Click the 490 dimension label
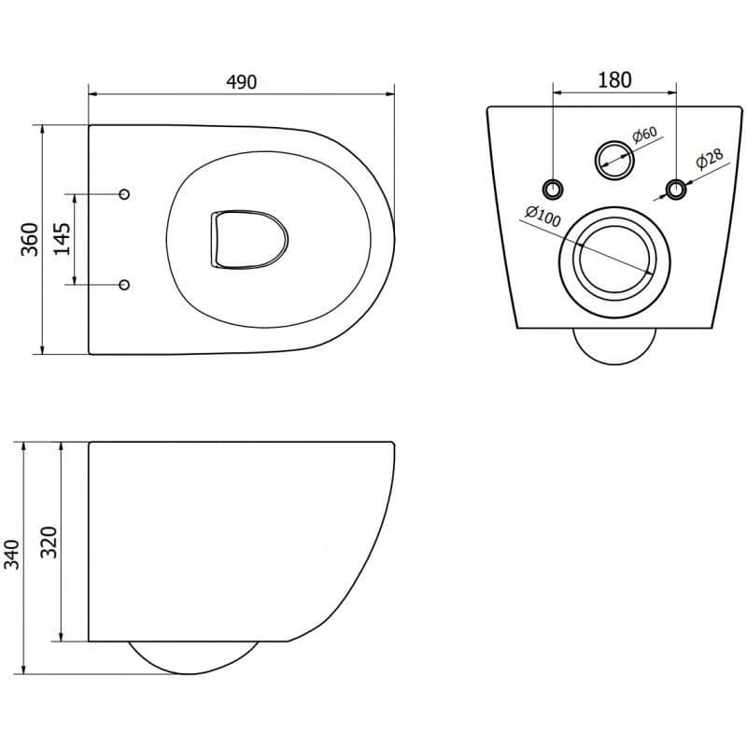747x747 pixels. [x=242, y=82]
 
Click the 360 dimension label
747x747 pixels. [x=30, y=239]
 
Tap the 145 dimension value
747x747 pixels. [x=62, y=239]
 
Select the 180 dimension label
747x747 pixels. [x=614, y=80]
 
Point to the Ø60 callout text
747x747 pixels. [x=644, y=134]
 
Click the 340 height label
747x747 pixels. [x=12, y=554]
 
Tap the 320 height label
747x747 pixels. [x=49, y=543]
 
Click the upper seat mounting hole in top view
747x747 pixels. [x=124, y=194]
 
